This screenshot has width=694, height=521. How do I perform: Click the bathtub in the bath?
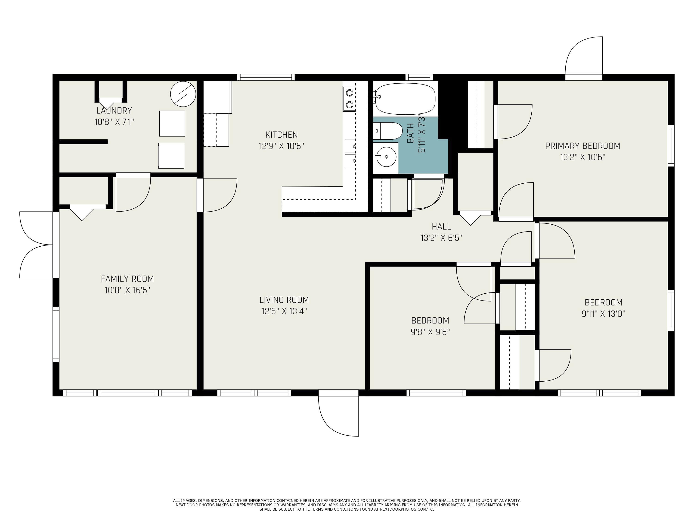point(405,99)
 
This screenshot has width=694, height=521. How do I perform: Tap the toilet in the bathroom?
point(388,131)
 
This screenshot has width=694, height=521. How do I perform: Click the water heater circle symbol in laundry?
point(183,94)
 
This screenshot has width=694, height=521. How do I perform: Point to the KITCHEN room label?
point(282,135)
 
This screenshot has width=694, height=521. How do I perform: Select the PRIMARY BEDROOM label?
point(583,146)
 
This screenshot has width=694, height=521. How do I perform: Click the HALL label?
point(441,226)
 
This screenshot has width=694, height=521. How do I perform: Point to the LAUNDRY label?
point(114,110)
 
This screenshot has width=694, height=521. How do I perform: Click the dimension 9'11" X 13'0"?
point(603,314)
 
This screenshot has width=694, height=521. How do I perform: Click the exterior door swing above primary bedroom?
point(584,55)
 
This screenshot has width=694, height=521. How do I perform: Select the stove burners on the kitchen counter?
point(350,99)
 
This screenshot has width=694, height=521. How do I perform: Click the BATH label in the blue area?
point(410,133)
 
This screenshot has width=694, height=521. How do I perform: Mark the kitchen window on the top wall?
point(266,77)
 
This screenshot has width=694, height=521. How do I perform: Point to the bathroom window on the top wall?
point(419,77)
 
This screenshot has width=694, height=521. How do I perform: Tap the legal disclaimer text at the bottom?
point(347,505)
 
